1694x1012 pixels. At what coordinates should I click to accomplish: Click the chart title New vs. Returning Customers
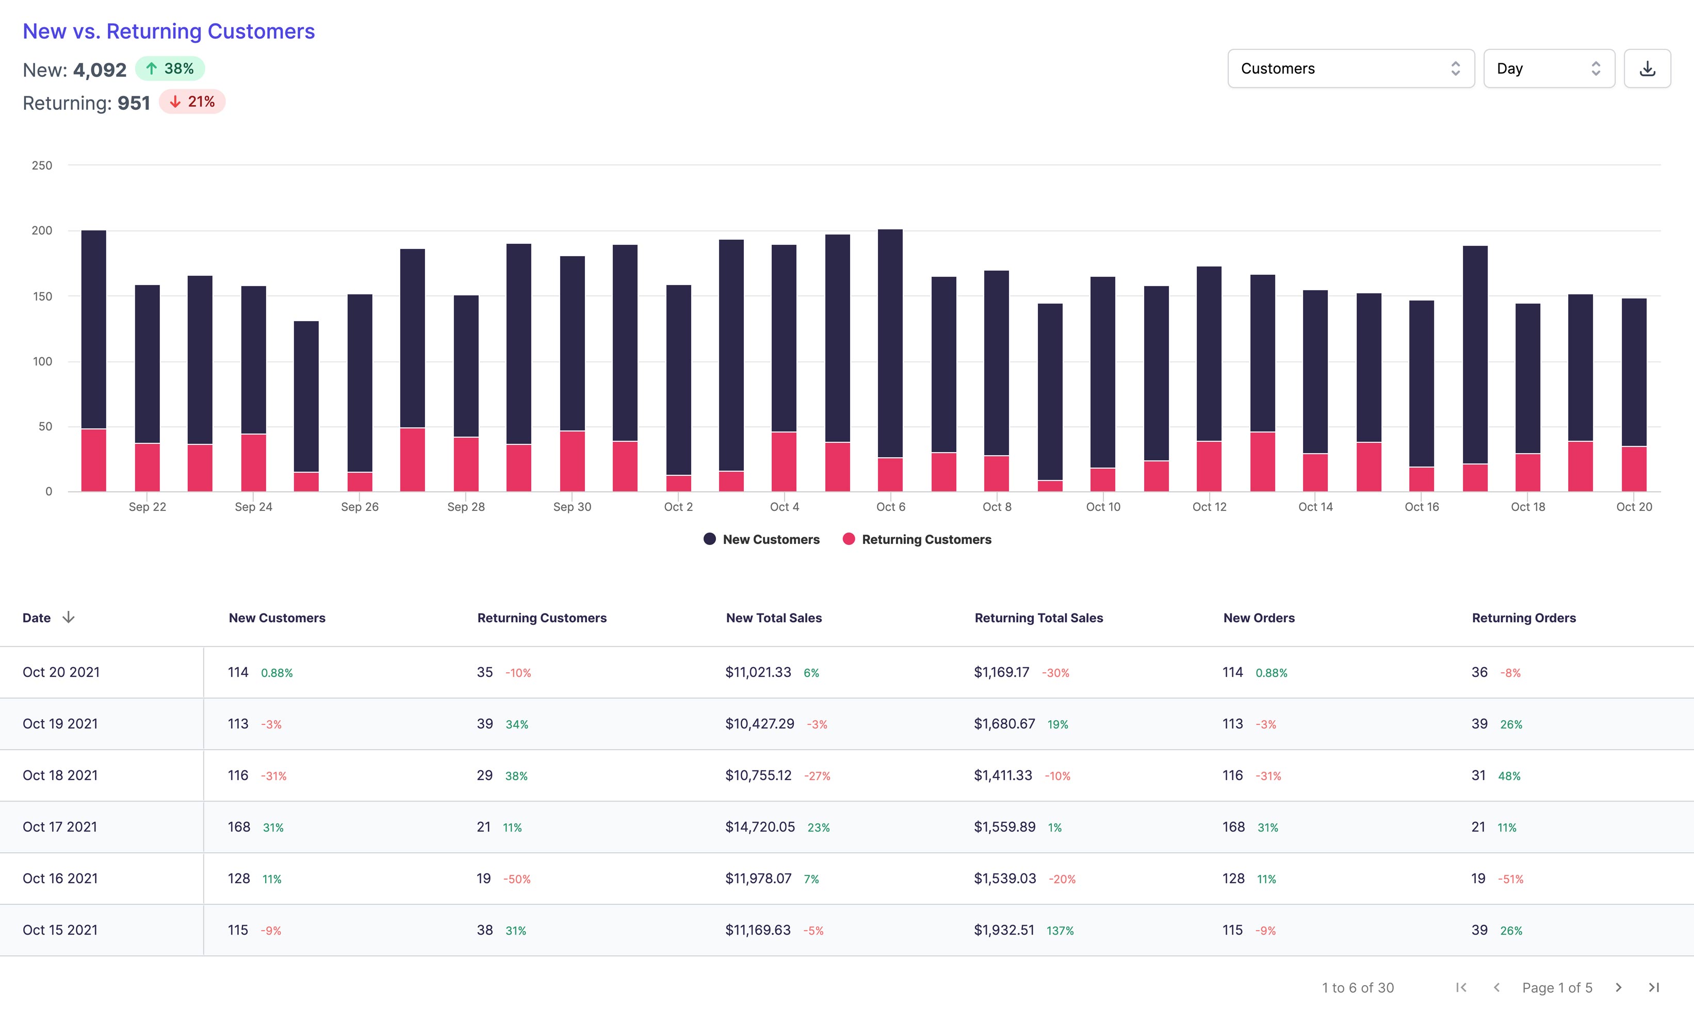[169, 31]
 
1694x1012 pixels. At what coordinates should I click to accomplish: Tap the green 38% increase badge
[170, 69]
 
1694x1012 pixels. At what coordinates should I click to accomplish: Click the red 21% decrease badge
[192, 102]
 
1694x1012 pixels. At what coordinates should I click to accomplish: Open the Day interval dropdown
[1548, 68]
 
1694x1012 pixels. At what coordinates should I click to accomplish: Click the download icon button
[1647, 68]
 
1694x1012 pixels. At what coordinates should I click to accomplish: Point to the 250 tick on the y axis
[42, 165]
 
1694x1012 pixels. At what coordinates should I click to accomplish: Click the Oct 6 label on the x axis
[890, 507]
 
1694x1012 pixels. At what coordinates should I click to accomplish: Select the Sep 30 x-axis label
[572, 507]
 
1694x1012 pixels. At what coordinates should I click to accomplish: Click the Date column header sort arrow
[68, 617]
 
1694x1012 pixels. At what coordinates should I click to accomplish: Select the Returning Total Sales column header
[1038, 618]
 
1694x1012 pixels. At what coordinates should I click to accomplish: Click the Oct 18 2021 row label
[60, 775]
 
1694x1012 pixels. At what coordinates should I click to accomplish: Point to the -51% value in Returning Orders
[1510, 879]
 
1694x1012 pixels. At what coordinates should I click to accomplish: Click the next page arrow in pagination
[1618, 987]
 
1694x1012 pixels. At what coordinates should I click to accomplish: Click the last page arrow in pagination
[1654, 987]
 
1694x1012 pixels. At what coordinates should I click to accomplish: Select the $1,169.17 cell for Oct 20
[1001, 672]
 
